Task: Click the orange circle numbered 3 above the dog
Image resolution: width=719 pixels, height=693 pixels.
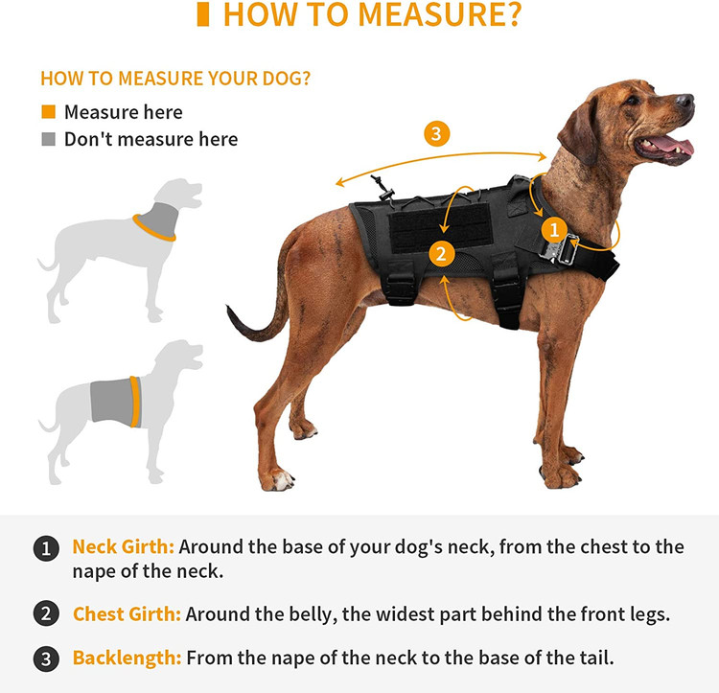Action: [x=436, y=134]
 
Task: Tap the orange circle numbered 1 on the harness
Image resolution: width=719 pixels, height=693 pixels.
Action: [x=554, y=230]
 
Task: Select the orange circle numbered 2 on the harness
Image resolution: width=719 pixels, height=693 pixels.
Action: [x=441, y=253]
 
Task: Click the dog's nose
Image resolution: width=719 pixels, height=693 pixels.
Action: [x=685, y=102]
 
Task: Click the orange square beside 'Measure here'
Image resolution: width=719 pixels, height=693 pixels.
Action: [x=48, y=112]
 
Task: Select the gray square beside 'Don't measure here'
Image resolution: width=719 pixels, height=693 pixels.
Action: [x=48, y=139]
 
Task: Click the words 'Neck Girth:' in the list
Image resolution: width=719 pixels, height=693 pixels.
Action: [x=123, y=546]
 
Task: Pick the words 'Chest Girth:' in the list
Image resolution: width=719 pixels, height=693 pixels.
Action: [x=127, y=614]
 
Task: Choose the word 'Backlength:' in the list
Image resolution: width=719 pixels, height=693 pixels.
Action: [x=127, y=658]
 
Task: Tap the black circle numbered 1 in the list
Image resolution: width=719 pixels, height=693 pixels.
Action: [x=46, y=548]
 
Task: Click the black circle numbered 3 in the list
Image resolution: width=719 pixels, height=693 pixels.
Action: [x=46, y=659]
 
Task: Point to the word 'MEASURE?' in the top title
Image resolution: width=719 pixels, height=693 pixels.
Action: [x=439, y=14]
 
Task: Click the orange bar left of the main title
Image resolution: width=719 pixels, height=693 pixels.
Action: [x=202, y=14]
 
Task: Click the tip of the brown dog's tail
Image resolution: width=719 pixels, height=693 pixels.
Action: [x=227, y=307]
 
